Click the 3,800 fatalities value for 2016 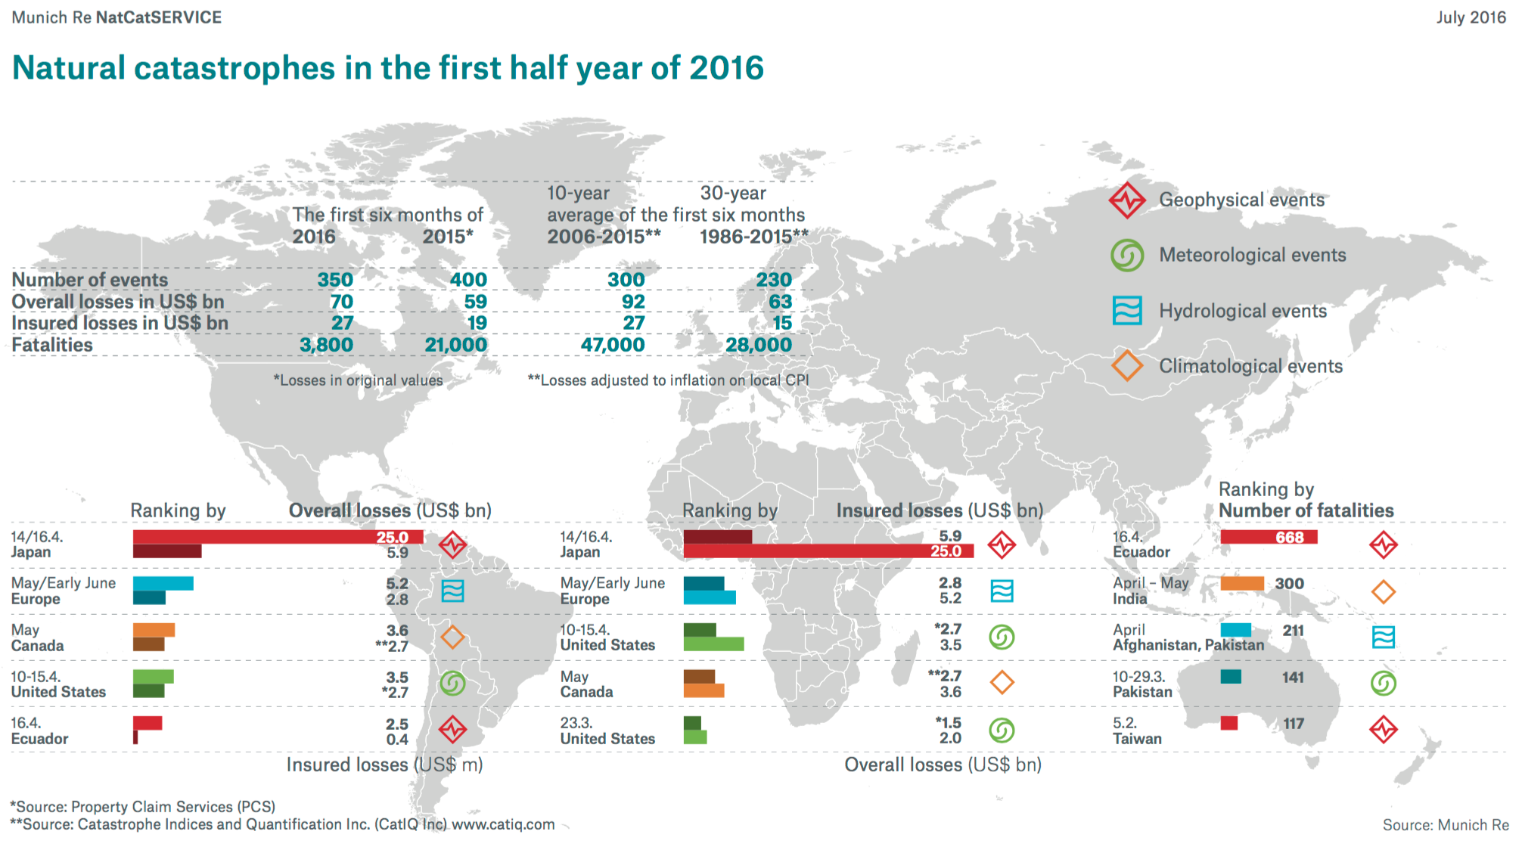click(326, 345)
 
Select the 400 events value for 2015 click(468, 280)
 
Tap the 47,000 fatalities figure click(612, 345)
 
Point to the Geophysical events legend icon click(1127, 200)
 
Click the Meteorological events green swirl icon click(1127, 256)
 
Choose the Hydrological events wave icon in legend click(1127, 311)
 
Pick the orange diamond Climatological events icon click(1127, 366)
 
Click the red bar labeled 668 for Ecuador click(1269, 537)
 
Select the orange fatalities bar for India click(1242, 584)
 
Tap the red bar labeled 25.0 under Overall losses click(277, 537)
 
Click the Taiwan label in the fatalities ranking click(1137, 739)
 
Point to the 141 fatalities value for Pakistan click(1293, 678)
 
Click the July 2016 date click(1471, 17)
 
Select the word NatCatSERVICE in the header click(159, 17)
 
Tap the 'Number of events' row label click(90, 280)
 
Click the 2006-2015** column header click(604, 237)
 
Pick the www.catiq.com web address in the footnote click(503, 824)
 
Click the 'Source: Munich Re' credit click(1445, 825)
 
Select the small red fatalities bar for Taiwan click(1229, 723)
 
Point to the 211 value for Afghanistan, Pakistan click(1293, 631)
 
